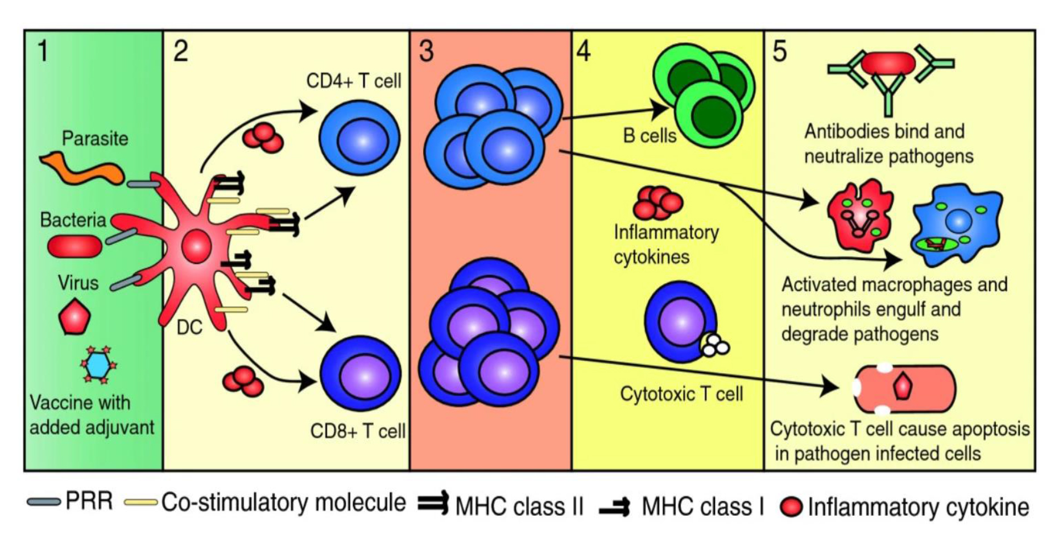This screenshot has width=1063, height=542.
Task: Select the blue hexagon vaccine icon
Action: tap(98, 365)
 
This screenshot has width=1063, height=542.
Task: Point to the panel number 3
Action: tap(426, 51)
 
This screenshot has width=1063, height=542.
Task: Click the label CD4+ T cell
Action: tap(353, 81)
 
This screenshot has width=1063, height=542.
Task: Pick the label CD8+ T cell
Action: tap(358, 431)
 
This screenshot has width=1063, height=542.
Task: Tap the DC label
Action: tap(189, 327)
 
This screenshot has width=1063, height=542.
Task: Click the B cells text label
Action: tap(650, 136)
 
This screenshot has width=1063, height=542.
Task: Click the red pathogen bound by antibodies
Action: tap(888, 63)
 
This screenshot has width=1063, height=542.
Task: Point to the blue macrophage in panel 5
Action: tap(958, 224)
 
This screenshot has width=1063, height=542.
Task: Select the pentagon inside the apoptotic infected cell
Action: tap(903, 387)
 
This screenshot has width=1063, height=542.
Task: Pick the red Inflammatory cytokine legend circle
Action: tap(791, 507)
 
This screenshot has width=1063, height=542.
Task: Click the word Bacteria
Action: tap(73, 220)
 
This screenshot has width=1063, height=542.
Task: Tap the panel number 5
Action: tap(780, 51)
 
